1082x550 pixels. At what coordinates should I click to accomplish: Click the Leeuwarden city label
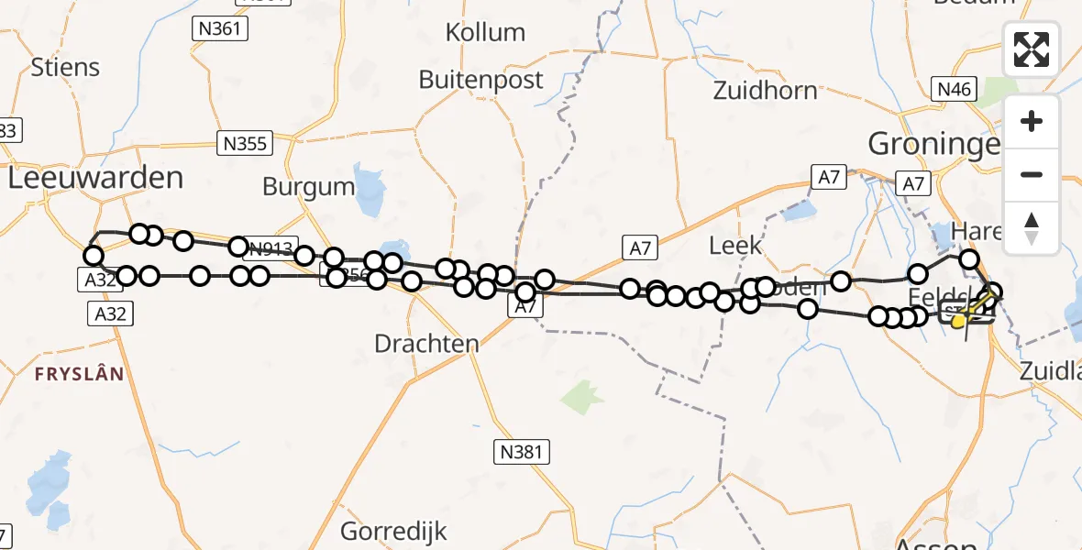[95, 177]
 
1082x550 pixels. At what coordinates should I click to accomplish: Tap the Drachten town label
[426, 344]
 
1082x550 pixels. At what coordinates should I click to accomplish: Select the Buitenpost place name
[480, 80]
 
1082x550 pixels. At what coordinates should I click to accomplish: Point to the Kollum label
[485, 32]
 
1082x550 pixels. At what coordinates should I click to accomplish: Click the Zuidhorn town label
[765, 90]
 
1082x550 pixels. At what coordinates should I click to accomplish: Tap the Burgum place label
[308, 186]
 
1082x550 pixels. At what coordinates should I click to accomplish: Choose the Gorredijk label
[393, 531]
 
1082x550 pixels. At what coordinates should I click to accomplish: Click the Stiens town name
[65, 67]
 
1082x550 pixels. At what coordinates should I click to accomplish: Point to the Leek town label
[735, 245]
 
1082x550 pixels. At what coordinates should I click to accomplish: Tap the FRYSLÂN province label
[79, 373]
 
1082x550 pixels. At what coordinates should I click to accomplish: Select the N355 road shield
[245, 143]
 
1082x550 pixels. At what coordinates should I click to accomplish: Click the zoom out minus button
[1032, 175]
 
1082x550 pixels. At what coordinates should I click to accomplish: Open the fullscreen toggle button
[1032, 49]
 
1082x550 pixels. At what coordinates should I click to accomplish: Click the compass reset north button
[1032, 227]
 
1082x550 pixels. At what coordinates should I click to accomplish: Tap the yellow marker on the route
[958, 321]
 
